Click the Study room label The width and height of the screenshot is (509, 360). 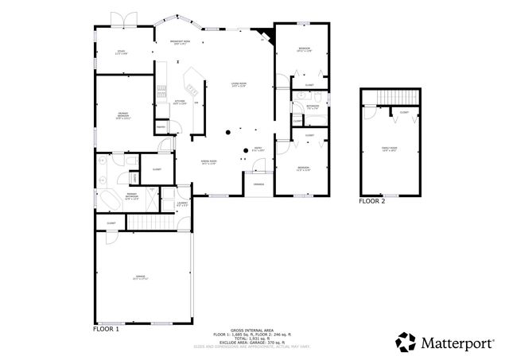pos(121,52)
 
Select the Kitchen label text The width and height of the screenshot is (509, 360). pos(180,102)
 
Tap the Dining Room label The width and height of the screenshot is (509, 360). pos(209,162)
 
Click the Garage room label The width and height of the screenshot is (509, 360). pos(140,278)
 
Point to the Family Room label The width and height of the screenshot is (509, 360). pos(389,149)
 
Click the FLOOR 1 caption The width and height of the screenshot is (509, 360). pos(106,328)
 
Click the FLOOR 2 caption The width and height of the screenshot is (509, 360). pos(371,202)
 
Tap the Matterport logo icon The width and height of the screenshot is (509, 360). pos(406,342)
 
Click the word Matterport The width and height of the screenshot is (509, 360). pos(460,343)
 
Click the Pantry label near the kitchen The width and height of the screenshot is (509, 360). pos(161,127)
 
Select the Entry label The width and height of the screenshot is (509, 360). pos(257,149)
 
